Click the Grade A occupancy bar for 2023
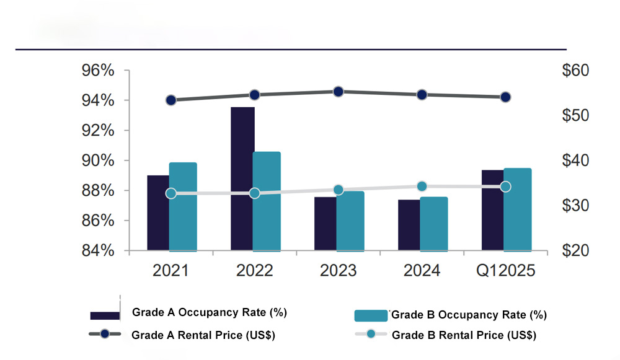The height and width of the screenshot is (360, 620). (325, 224)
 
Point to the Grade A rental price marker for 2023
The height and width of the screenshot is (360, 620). (339, 92)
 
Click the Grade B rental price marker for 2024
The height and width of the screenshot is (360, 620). (422, 187)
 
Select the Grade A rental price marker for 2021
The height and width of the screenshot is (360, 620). (171, 100)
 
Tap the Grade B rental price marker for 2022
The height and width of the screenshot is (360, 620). (254, 193)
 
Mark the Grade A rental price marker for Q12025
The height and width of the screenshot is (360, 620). (505, 97)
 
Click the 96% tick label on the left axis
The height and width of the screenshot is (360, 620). (98, 71)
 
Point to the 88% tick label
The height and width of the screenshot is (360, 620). (98, 191)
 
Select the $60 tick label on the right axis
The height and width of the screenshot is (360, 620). (575, 71)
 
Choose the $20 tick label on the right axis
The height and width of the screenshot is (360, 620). (575, 251)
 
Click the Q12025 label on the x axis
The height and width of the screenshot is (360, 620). (505, 271)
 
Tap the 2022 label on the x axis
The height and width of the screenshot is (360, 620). (255, 271)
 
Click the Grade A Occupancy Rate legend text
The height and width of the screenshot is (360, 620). (209, 313)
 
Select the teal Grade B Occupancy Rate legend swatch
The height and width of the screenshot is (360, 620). (370, 315)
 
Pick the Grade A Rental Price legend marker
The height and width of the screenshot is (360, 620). (105, 335)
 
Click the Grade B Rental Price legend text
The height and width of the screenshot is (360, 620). (464, 335)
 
